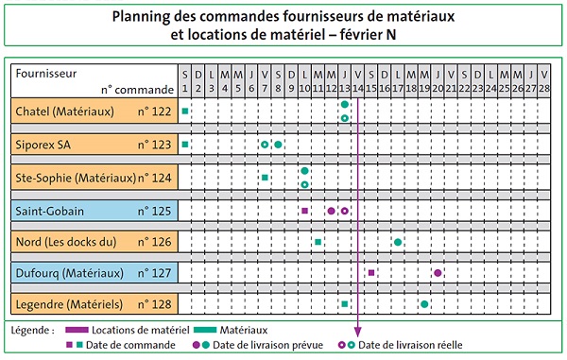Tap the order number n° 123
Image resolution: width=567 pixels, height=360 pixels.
(x=154, y=145)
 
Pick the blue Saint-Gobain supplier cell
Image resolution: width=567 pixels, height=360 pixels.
(x=94, y=209)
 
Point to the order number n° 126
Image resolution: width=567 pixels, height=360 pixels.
(x=154, y=242)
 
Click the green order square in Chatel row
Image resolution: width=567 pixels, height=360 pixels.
(x=185, y=112)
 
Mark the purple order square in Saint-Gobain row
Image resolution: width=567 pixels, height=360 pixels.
(x=304, y=210)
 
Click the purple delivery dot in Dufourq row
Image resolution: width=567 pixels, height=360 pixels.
(x=438, y=273)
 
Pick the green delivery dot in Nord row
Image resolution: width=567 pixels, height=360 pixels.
(x=398, y=242)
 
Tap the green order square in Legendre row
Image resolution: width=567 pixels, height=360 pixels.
(x=345, y=304)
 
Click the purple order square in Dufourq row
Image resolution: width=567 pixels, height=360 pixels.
(x=371, y=273)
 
